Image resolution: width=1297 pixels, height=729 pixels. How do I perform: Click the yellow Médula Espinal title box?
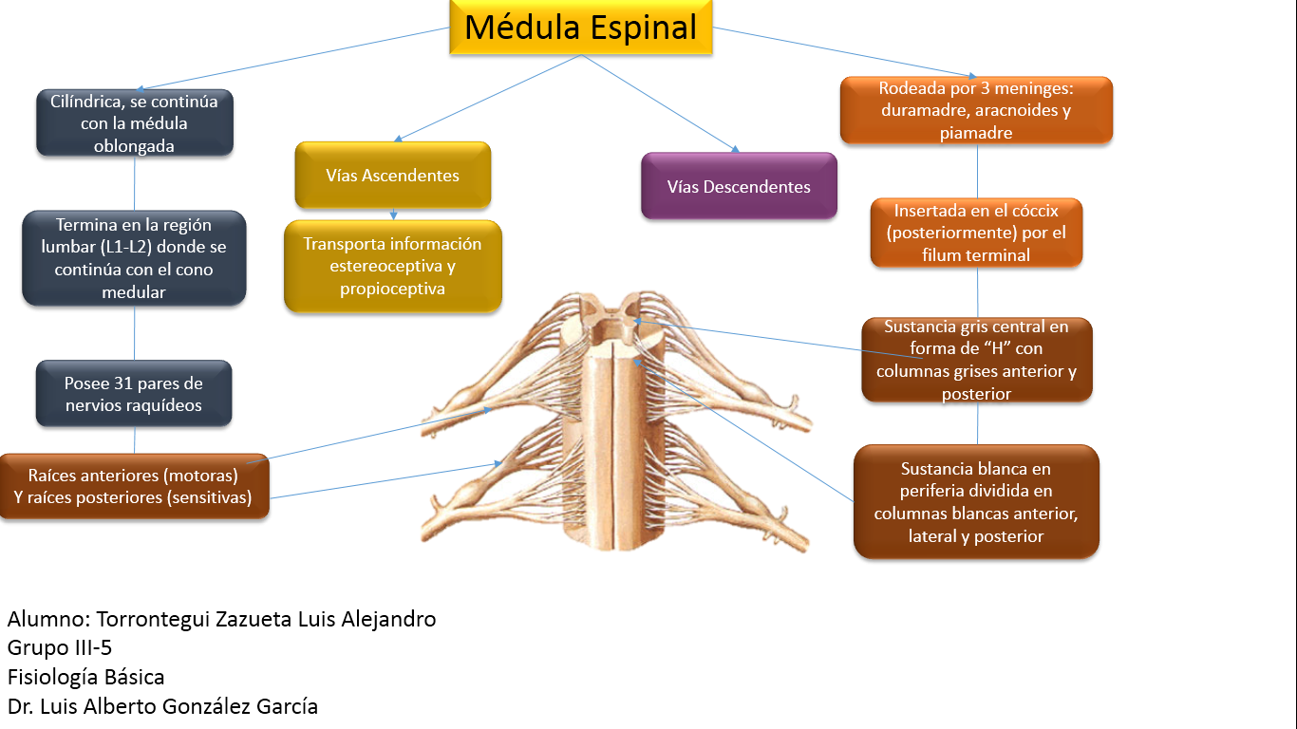(x=580, y=28)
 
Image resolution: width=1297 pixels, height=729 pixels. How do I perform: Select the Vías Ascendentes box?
(x=392, y=176)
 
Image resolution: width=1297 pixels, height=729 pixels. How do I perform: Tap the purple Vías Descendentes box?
(x=739, y=187)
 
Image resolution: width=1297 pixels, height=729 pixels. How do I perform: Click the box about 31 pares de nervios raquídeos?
(x=134, y=394)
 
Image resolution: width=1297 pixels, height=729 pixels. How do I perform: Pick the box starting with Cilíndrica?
(x=135, y=123)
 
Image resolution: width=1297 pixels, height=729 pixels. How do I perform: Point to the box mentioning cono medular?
(x=134, y=258)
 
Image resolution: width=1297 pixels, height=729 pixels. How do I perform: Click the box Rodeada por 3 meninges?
(x=976, y=110)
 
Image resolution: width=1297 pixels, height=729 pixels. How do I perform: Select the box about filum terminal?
(x=976, y=233)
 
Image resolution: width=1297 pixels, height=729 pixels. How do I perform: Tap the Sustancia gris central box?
(x=976, y=360)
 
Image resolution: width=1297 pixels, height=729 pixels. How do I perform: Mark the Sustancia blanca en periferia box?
(x=976, y=502)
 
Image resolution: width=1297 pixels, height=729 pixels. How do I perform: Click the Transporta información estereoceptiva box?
(x=392, y=266)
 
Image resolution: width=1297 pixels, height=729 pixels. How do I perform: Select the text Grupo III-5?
(x=60, y=648)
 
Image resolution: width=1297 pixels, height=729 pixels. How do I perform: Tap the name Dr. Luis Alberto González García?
(x=162, y=707)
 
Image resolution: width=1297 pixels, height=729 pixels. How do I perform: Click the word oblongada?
(x=134, y=146)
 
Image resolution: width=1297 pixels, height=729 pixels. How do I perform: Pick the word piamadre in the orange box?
(x=976, y=133)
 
